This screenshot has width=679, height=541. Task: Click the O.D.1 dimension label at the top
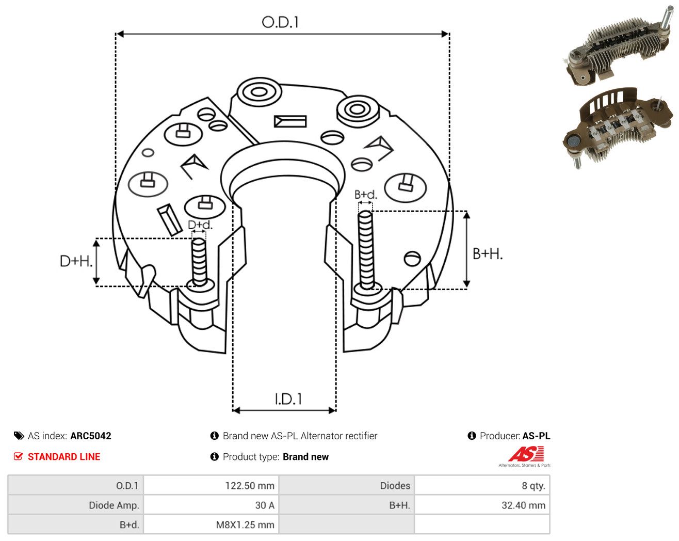point(280,22)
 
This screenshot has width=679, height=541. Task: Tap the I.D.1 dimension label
point(288,399)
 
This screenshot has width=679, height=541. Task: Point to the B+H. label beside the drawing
point(488,254)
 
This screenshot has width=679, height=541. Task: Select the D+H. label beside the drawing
point(76,261)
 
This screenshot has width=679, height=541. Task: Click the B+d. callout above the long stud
point(366,195)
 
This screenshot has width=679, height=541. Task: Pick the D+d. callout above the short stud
point(200,225)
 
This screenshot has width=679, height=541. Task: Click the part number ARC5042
point(91,436)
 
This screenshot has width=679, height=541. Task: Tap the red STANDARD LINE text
point(64,457)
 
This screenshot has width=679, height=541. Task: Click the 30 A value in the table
point(265,505)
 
